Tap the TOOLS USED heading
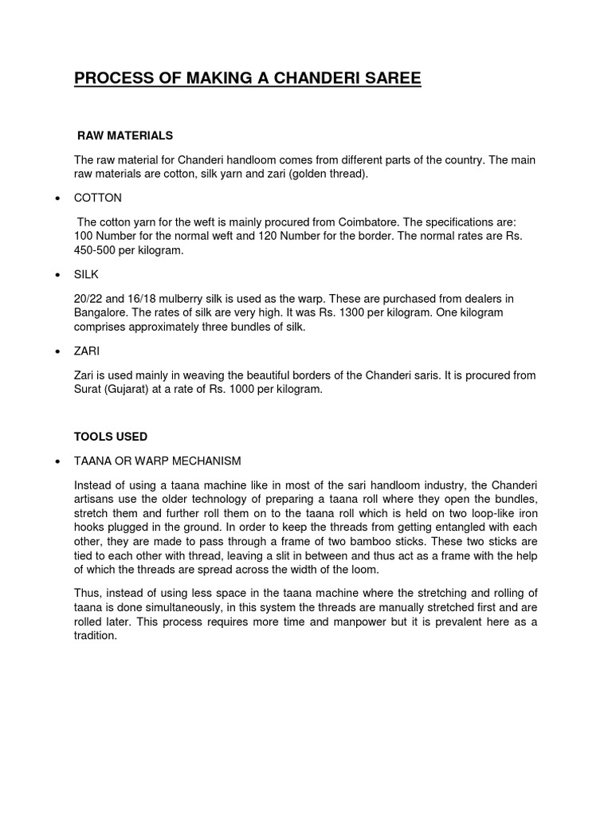point(111,437)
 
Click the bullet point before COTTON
point(57,198)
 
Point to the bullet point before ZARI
point(57,351)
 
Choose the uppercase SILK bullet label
point(87,275)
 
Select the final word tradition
point(95,636)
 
